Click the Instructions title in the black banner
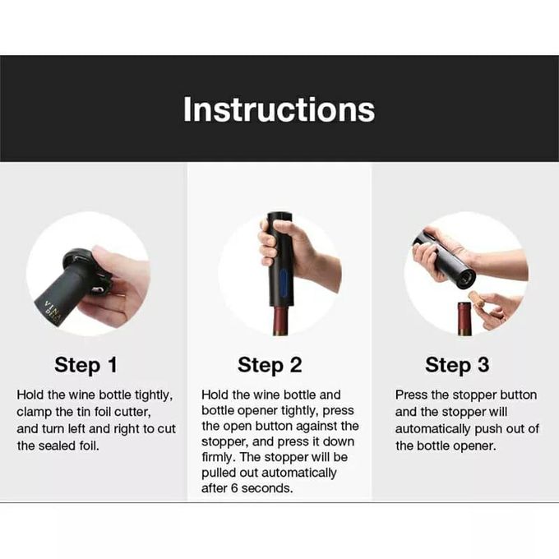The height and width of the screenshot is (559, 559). click(x=279, y=109)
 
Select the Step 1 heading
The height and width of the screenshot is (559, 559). click(x=85, y=365)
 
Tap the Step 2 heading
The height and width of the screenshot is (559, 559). click(x=270, y=365)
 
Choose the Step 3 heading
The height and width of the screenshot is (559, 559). click(x=458, y=365)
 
